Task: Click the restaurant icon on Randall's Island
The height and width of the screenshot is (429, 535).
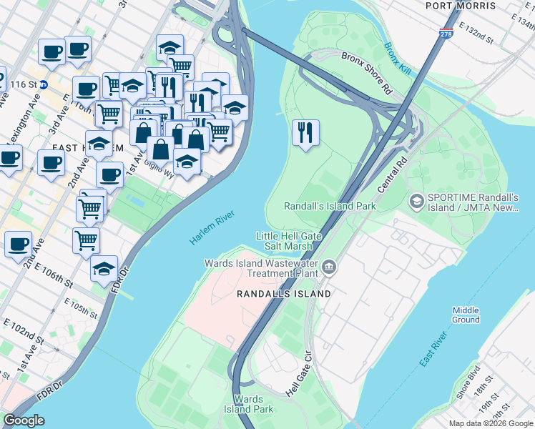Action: [305, 132]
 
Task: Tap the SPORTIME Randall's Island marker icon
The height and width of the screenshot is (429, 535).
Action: [416, 202]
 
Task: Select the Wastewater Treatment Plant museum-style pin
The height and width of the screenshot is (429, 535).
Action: [328, 268]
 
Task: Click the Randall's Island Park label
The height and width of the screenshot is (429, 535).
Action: [330, 206]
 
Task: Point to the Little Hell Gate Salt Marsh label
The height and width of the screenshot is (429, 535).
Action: [285, 241]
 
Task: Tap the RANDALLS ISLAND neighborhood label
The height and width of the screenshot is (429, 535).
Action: [284, 293]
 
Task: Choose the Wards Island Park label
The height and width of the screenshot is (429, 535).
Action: [252, 404]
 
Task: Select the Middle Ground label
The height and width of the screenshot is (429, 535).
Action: [466, 315]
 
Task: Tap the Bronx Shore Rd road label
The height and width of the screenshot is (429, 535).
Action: [367, 74]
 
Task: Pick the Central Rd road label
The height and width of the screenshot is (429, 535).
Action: [391, 176]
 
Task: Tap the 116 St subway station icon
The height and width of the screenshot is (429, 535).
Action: [44, 84]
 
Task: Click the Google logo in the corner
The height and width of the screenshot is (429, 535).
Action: [24, 420]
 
